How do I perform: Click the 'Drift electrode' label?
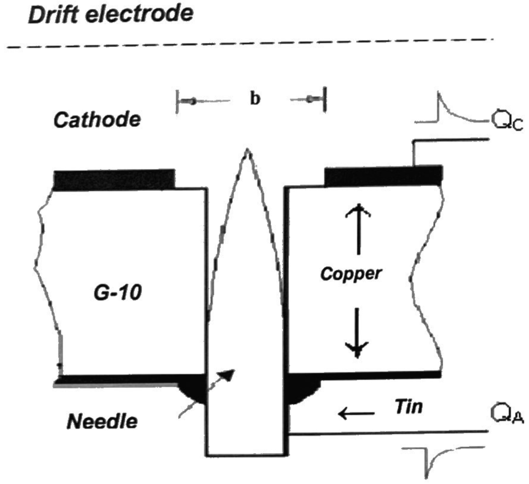point(111,15)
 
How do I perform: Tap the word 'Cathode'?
point(97,120)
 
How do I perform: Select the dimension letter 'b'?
point(255,99)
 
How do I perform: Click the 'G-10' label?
point(118,292)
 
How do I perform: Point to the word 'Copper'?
point(350,274)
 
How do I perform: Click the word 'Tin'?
point(408,407)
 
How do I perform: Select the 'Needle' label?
point(102,421)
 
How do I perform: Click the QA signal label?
point(507,414)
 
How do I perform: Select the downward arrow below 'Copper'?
point(357,333)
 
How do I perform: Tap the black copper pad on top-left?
point(114,179)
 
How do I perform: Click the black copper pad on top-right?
point(383,176)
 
